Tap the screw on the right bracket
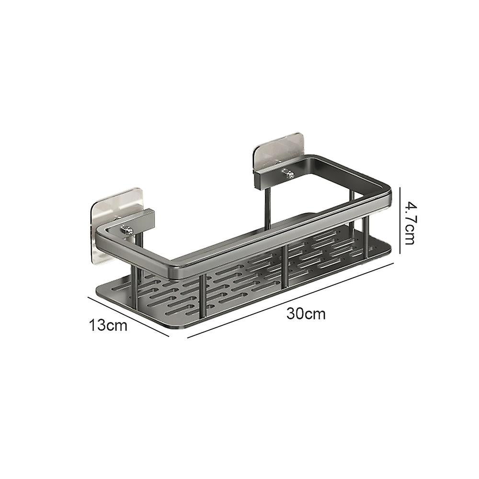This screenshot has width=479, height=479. [287, 174]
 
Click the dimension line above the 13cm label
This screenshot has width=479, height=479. [128, 316]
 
